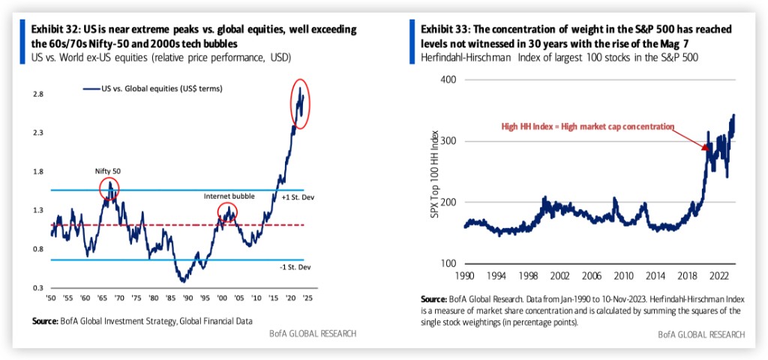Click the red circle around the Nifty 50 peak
pos(109,188)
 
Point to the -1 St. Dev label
pos(295,267)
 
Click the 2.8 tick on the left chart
pos(37,94)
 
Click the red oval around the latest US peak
pos(301,103)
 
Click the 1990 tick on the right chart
pos(465,275)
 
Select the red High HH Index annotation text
pos(588,126)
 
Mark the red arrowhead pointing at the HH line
pos(706,149)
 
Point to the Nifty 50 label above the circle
pos(107,171)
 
